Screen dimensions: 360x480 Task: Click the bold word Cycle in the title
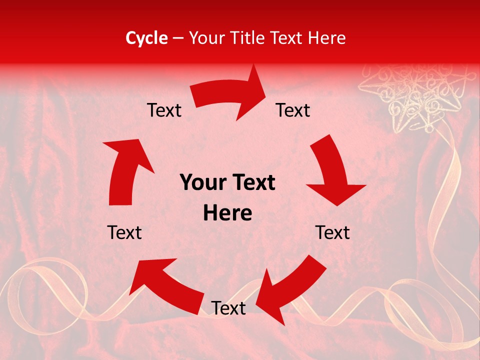coord(146,38)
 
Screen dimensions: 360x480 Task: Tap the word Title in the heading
coord(250,38)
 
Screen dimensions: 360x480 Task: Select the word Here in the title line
coord(325,38)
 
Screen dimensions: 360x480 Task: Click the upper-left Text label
coord(164,110)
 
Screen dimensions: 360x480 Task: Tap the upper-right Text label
coord(293,110)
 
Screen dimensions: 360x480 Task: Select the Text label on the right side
coord(332,232)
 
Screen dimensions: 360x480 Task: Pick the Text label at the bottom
coord(228,308)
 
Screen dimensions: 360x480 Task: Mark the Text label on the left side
coord(125,232)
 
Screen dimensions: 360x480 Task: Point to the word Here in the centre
coord(227,213)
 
